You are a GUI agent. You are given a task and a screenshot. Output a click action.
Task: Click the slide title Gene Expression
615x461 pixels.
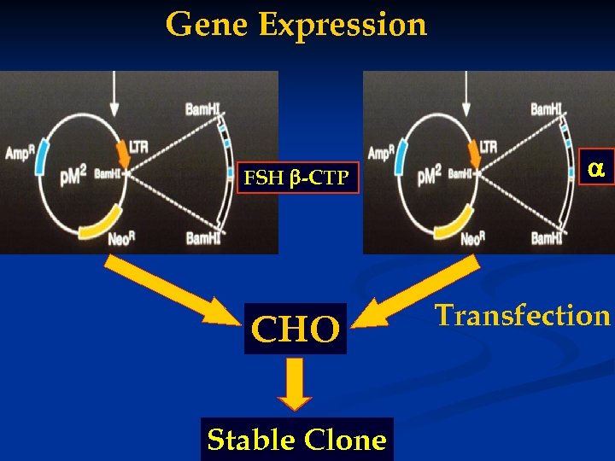point(296,24)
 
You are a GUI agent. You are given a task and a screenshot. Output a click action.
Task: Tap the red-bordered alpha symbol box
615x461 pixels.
point(596,170)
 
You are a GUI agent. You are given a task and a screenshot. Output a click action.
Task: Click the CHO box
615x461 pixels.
point(296,329)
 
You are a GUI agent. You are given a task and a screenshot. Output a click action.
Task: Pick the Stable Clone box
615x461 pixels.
point(296,440)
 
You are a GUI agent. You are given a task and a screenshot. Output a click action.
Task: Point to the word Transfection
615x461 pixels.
point(523,315)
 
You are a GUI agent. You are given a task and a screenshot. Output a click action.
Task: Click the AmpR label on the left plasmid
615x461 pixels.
point(19,155)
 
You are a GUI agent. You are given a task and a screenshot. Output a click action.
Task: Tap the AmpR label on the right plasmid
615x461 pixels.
point(382,155)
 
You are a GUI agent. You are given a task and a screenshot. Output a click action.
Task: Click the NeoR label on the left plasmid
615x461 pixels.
point(120,238)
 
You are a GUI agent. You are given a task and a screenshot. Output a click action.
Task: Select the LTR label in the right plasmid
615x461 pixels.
point(488,147)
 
